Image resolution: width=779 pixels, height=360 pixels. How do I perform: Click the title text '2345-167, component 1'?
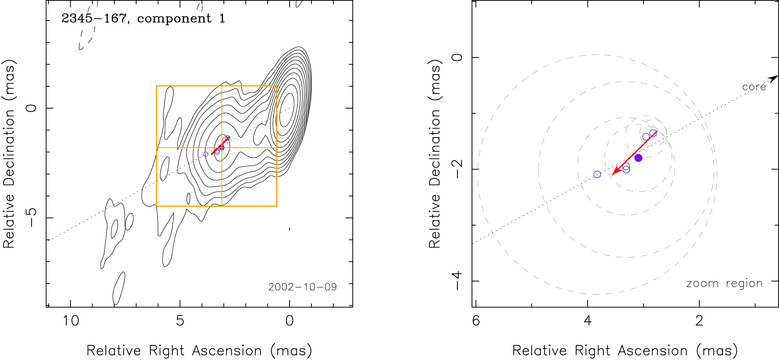coord(143,19)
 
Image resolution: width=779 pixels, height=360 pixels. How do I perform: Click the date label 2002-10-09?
coord(303,287)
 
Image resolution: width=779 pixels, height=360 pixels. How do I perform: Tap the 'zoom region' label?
coord(724,283)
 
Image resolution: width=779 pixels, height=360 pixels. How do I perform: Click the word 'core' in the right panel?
coord(754,87)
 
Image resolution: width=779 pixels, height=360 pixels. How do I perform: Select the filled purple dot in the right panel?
coord(638,158)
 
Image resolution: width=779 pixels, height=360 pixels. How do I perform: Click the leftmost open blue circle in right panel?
coord(597,174)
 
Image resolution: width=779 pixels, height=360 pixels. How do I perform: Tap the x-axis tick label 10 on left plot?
coord(71,320)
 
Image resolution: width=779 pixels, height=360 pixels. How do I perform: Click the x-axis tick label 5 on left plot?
coord(180,320)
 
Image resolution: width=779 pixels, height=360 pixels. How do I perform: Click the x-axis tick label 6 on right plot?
coord(476,320)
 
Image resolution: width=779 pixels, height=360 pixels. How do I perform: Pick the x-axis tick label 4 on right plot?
coord(588,320)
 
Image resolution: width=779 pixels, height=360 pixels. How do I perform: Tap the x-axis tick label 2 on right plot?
coord(699,320)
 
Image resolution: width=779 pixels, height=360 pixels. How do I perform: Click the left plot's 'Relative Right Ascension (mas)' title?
coord(199,351)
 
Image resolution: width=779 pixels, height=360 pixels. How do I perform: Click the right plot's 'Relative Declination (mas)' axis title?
coord(435,154)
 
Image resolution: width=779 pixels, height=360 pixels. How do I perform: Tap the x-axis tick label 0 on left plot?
coord(290,320)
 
